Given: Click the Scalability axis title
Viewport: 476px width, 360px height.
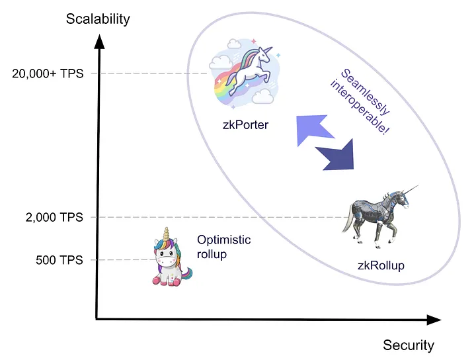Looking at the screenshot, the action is click(98, 19).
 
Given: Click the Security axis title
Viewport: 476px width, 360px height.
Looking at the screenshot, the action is click(409, 345).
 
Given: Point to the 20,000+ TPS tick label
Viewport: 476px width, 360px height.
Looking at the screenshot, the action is click(48, 74).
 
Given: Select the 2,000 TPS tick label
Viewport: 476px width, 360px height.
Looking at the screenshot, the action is click(54, 218).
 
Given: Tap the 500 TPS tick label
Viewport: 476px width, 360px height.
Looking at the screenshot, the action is click(59, 260).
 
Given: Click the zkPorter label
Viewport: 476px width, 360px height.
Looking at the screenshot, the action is click(245, 125).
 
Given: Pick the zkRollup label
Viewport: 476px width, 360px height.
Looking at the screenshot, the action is click(381, 265).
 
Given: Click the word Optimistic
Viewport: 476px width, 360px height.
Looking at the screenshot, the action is click(224, 240).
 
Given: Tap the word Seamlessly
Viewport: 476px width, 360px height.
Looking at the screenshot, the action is click(365, 92).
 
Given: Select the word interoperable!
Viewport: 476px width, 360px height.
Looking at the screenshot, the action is click(360, 107).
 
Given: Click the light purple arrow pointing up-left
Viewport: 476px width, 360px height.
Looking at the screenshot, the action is click(313, 128).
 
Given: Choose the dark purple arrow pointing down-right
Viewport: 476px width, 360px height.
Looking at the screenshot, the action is click(337, 156).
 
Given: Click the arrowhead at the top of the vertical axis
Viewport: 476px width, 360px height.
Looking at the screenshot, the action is click(99, 42).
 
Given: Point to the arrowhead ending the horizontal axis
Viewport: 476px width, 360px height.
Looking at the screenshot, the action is click(434, 320).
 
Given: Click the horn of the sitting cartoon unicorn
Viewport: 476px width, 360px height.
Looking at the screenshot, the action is click(166, 234).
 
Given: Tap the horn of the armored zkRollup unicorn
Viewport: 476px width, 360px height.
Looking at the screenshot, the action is click(411, 190).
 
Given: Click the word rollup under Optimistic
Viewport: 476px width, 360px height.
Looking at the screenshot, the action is click(212, 254).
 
